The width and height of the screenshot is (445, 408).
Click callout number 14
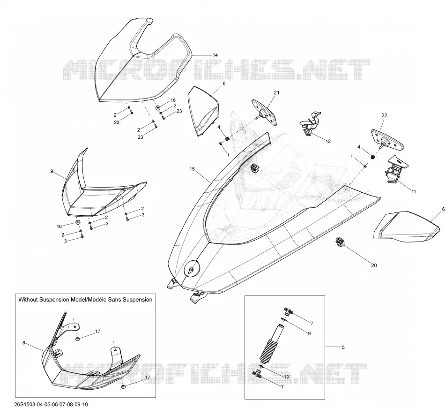[x=215, y=55]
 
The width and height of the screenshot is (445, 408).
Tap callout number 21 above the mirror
[x=276, y=93]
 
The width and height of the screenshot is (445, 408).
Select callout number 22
[x=384, y=115]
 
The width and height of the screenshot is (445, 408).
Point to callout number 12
[x=328, y=141]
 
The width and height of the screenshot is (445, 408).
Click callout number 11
[x=414, y=191]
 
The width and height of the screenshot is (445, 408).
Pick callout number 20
[x=374, y=265]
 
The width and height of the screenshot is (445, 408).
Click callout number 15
[x=192, y=169]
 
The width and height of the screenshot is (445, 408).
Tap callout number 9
[x=52, y=171]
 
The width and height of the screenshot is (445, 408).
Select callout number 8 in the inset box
[x=24, y=343]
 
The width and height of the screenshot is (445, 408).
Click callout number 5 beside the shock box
[x=343, y=347]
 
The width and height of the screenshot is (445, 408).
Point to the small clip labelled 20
[x=340, y=242]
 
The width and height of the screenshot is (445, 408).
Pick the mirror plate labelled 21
[x=265, y=112]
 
